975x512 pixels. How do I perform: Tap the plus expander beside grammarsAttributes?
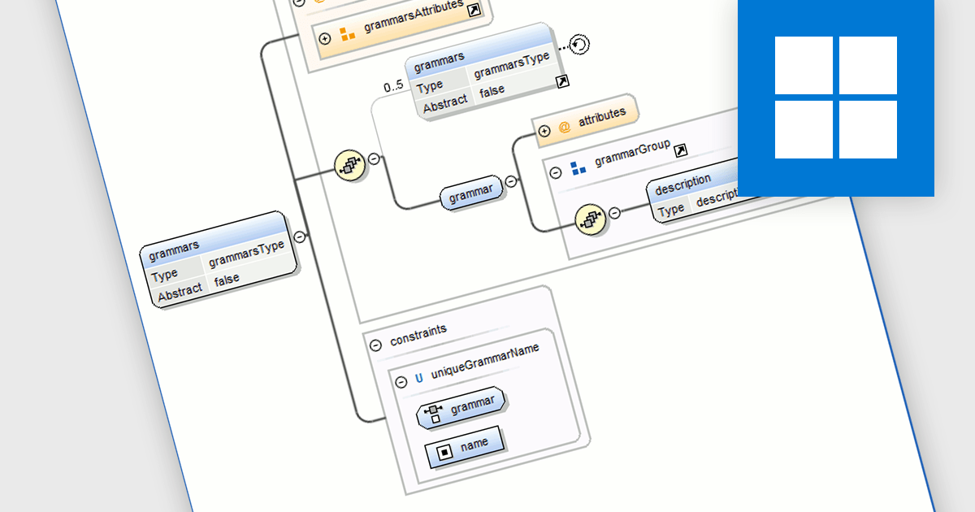325,38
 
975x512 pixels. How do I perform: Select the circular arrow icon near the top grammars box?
578,45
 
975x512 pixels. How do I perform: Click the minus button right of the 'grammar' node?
511,182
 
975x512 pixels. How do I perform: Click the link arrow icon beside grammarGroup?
681,150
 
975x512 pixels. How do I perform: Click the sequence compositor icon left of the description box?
590,219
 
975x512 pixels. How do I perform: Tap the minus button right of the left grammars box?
299,236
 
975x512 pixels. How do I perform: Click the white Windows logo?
835,98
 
